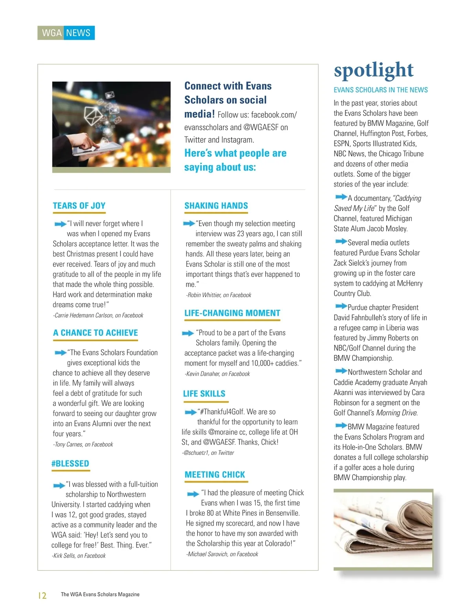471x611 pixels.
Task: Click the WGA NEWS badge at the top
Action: tap(66, 33)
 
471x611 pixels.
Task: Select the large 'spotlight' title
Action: tap(373, 71)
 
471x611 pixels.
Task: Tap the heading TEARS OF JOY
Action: tap(79, 206)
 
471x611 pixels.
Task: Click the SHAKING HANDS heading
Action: tap(216, 206)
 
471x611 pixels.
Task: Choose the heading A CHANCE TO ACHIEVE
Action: tap(95, 333)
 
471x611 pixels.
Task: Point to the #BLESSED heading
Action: tap(70, 464)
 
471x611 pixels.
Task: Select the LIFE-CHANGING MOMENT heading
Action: tap(232, 313)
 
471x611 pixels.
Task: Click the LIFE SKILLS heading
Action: tap(204, 394)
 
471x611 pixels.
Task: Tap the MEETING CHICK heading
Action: tap(215, 475)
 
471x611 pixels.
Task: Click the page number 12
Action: tap(42, 596)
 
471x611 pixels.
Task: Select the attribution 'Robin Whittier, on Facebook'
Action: tap(219, 295)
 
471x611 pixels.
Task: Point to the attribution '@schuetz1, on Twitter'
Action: tap(208, 453)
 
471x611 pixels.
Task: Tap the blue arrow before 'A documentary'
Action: tap(341, 197)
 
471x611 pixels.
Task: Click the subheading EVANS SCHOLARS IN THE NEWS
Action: tap(380, 90)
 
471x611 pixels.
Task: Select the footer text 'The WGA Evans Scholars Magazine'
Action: tap(100, 595)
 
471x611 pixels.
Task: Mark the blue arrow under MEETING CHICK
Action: tap(193, 494)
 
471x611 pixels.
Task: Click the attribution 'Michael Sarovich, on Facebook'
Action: tap(223, 554)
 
